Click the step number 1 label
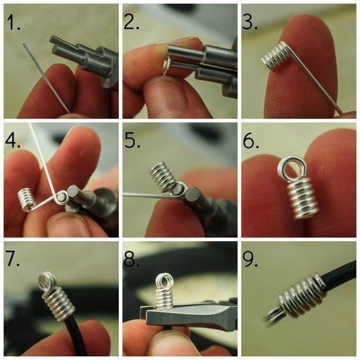click(13, 22)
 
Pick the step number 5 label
click(132, 140)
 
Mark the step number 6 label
click(251, 140)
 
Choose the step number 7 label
click(12, 259)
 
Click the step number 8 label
click(131, 259)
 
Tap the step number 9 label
click(250, 259)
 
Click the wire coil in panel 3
click(274, 56)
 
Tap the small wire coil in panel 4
click(27, 199)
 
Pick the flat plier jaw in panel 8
click(188, 314)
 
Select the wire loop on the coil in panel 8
click(163, 281)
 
